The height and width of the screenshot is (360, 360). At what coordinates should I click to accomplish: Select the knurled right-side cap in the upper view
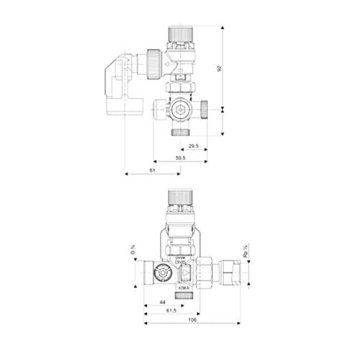coord(204,109)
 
